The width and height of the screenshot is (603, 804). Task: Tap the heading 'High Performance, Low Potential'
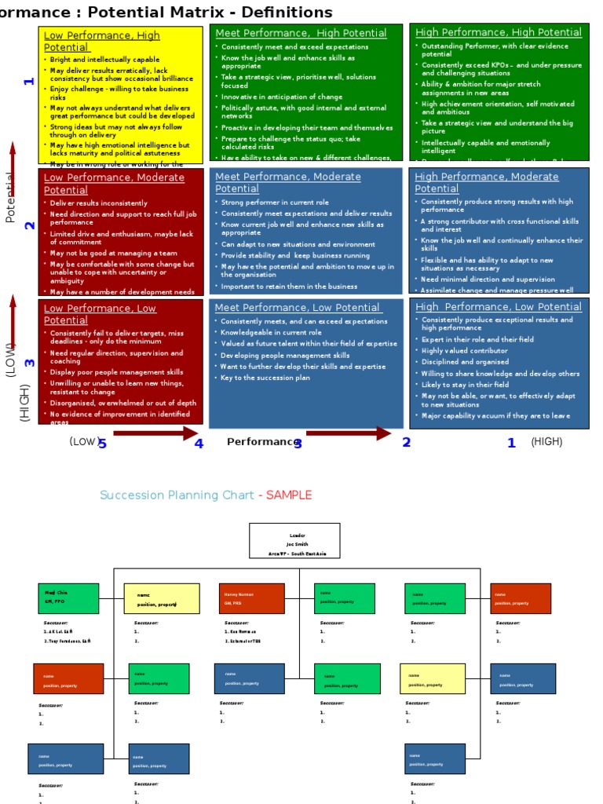click(498, 307)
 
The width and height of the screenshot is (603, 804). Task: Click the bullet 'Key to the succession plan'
click(265, 378)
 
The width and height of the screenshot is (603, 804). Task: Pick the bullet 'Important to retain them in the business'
click(289, 287)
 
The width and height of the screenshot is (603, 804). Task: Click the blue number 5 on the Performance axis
click(102, 444)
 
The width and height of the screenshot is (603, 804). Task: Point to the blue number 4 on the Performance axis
click(199, 444)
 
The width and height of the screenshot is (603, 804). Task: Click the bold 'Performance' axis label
click(261, 442)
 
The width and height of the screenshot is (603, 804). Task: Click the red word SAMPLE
click(288, 495)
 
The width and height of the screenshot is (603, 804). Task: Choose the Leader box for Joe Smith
click(294, 541)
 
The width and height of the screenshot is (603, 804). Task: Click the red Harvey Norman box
click(251, 598)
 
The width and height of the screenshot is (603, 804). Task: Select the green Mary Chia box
click(68, 598)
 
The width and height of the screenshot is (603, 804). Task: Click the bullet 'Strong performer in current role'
click(275, 203)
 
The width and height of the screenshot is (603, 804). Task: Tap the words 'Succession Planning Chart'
click(177, 495)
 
